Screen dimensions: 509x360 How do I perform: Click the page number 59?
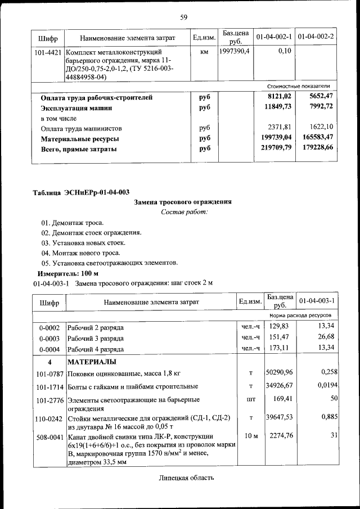[183, 17]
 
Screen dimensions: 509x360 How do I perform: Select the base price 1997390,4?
[236, 51]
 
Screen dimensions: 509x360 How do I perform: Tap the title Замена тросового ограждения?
[183, 202]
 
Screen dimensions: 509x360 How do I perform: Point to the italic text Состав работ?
[183, 212]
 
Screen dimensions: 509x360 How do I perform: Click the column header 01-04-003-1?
[317, 301]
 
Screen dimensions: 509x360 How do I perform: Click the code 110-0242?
[48, 418]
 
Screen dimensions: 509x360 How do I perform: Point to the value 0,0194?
[324, 386]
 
